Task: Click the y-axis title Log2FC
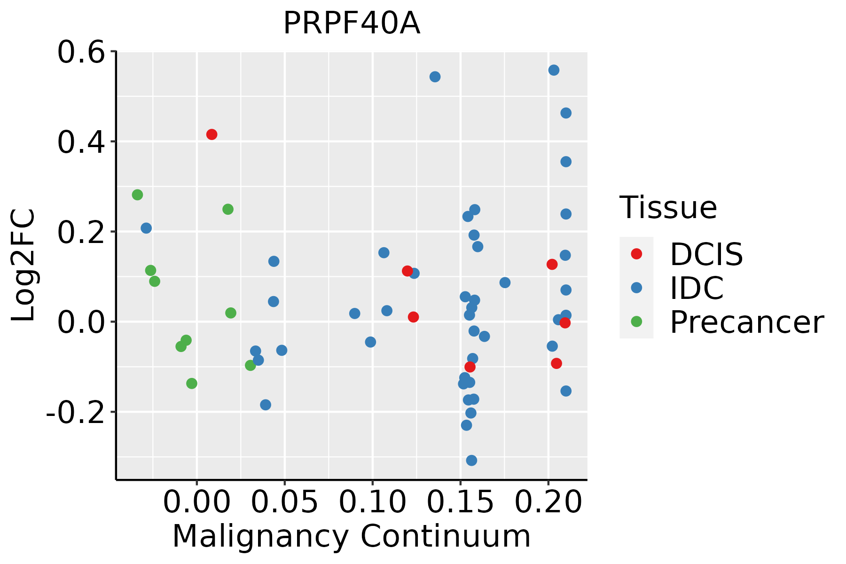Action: coord(23,266)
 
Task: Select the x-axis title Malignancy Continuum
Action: coord(352,537)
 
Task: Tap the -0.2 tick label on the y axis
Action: coord(75,413)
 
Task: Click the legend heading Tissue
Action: coord(668,208)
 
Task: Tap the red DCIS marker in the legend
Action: coord(636,254)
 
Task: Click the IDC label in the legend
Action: coord(697,288)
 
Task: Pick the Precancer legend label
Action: coord(746,322)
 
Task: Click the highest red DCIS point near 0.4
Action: coord(212,134)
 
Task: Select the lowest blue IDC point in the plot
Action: coord(471,460)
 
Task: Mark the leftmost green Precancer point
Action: coord(137,195)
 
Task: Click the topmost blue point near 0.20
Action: coord(554,70)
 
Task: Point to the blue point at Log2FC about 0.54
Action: coord(435,77)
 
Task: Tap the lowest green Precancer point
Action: coord(192,384)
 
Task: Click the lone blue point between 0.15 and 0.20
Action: coord(505,282)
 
